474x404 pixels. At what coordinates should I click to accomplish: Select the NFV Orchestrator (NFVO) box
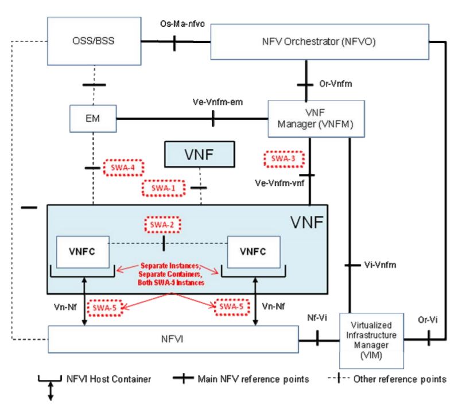coord(320,41)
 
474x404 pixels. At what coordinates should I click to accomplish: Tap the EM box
coord(92,119)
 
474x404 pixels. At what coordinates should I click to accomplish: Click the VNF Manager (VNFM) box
coord(317,119)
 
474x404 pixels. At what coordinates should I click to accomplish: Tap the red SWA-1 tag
coord(164,188)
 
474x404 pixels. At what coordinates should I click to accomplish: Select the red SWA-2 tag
coord(164,224)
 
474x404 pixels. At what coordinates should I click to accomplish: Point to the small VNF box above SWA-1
coord(200,154)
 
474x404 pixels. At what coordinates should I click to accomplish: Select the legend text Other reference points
coord(399,379)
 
